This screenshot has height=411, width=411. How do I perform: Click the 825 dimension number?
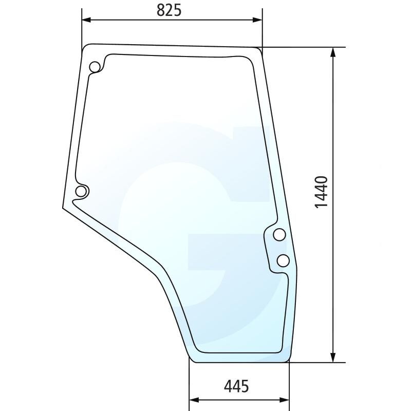tap(169, 10)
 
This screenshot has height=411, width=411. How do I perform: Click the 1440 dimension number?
tap(321, 192)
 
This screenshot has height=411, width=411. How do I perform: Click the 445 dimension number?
tap(236, 386)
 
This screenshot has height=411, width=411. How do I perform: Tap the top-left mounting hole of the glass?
tap(95, 67)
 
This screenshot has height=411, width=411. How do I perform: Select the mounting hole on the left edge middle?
tap(81, 192)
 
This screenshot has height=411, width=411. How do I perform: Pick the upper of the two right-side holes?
tap(279, 235)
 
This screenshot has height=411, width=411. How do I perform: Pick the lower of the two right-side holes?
tap(283, 260)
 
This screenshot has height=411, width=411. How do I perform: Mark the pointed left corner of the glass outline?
tap(63, 208)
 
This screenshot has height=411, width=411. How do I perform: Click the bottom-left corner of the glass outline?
tap(191, 361)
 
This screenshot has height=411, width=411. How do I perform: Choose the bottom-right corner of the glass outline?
tap(289, 361)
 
